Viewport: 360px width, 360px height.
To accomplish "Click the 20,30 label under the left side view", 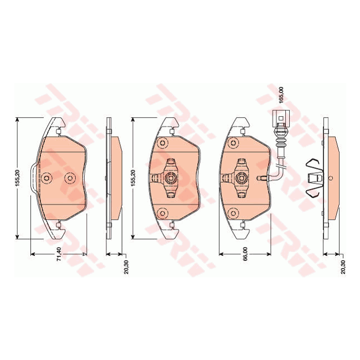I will click(x=127, y=266).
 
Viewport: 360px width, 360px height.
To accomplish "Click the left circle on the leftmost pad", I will click(x=47, y=178).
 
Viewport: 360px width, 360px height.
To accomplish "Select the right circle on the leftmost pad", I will click(x=69, y=178).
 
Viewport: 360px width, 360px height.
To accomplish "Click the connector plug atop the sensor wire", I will click(x=282, y=117).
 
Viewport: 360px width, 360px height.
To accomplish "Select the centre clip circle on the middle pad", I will click(x=171, y=178).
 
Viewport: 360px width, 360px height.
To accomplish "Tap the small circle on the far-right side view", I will click(x=330, y=178).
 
